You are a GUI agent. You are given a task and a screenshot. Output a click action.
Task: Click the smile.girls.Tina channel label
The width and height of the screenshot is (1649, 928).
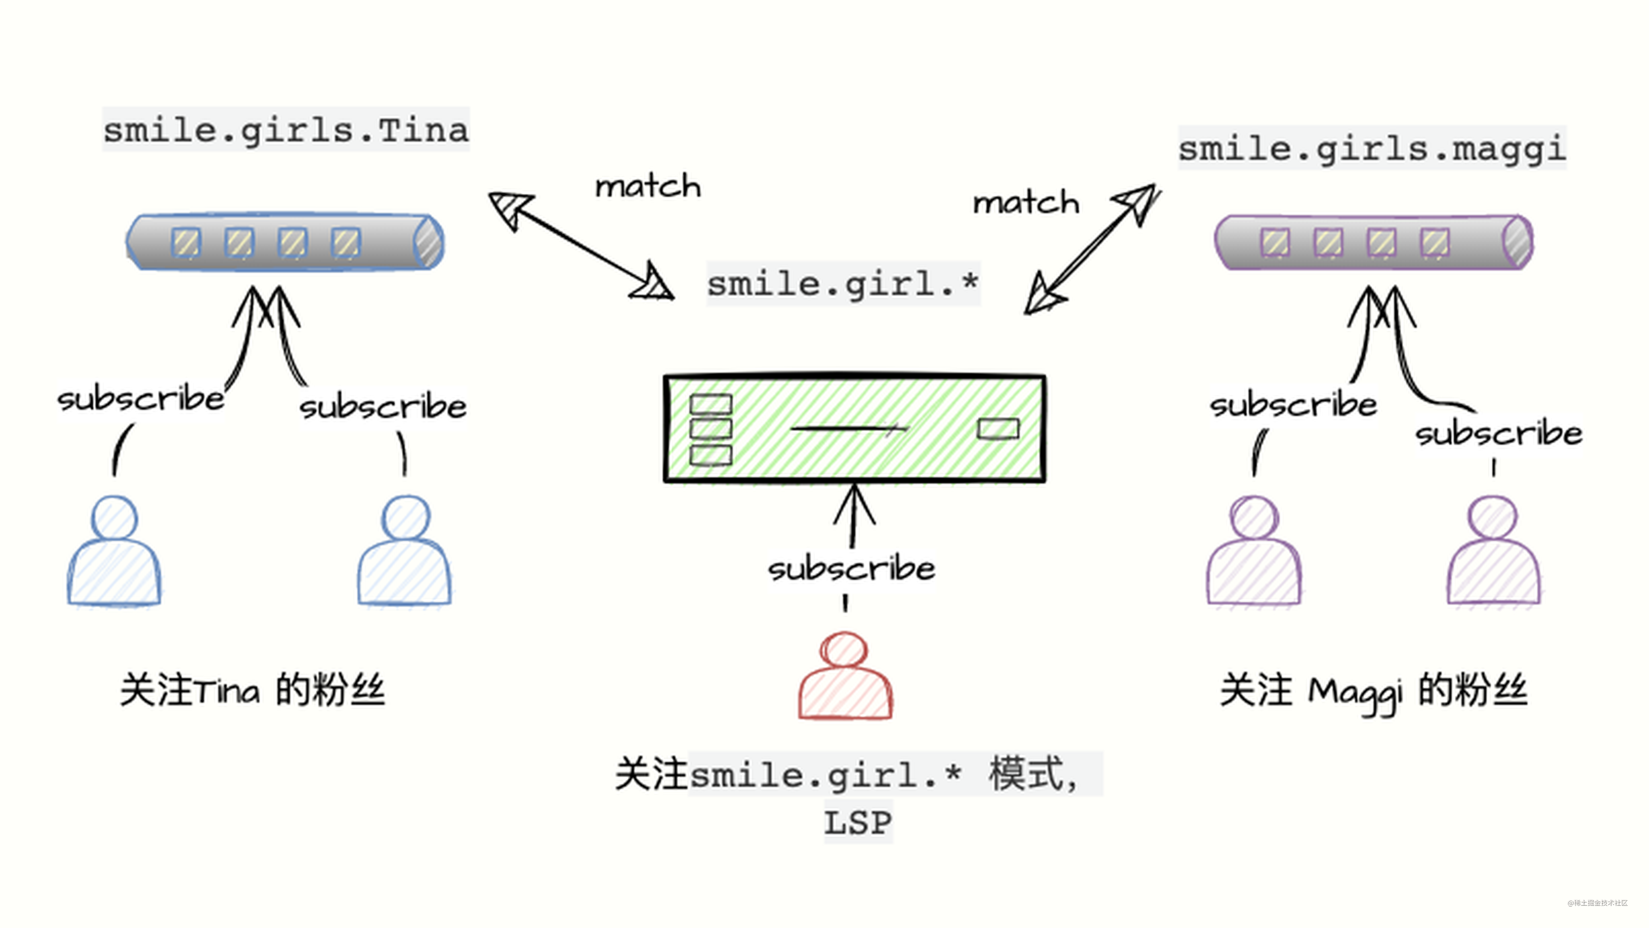point(286,130)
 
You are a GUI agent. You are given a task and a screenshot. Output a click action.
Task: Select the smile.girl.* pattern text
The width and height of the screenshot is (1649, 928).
point(842,283)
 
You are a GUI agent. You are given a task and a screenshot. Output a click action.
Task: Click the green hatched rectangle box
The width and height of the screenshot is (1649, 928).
point(855,428)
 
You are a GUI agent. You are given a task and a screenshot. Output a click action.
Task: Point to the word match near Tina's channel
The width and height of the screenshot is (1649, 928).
point(648,186)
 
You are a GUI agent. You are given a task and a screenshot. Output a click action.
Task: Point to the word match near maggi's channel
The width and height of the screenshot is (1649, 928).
point(1026,203)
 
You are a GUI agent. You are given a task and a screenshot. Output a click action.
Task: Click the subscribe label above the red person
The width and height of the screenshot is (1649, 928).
point(851,568)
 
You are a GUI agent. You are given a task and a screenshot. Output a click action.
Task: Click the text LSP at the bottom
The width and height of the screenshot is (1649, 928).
point(857,822)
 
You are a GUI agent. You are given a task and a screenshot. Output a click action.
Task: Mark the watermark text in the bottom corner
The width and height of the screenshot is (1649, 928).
point(1597,903)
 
